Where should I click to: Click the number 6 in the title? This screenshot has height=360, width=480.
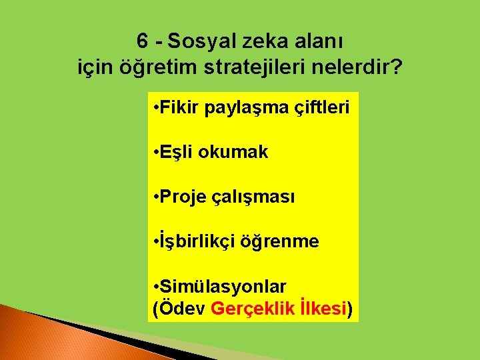pos(143,41)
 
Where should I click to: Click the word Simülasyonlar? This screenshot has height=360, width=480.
pos(223,287)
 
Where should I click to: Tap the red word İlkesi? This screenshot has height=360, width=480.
pos(323,309)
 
